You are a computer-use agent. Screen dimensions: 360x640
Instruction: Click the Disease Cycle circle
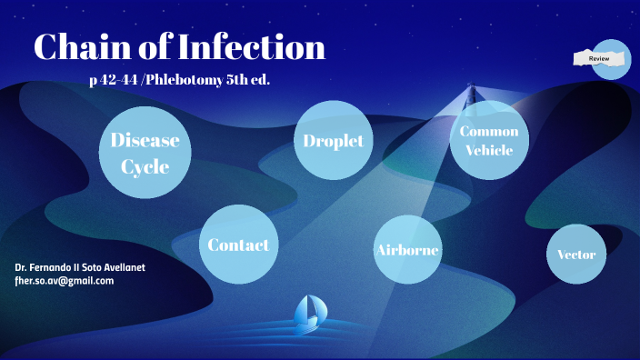click(x=145, y=154)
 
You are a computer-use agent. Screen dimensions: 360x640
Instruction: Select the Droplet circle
click(x=334, y=140)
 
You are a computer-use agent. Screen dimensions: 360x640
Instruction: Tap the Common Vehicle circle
click(x=490, y=141)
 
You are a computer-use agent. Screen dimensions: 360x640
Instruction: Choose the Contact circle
click(x=238, y=245)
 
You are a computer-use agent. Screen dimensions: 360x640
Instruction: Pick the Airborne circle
click(x=407, y=250)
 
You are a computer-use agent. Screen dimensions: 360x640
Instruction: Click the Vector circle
click(x=576, y=254)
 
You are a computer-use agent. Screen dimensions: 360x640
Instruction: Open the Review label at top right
click(x=600, y=58)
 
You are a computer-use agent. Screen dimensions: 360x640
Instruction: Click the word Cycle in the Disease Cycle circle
click(x=145, y=167)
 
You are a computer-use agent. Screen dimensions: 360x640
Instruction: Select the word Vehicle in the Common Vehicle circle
click(x=490, y=150)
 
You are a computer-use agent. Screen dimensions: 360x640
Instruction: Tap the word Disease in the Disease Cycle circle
click(x=145, y=140)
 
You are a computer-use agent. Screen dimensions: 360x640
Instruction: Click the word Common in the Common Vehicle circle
click(x=490, y=131)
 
